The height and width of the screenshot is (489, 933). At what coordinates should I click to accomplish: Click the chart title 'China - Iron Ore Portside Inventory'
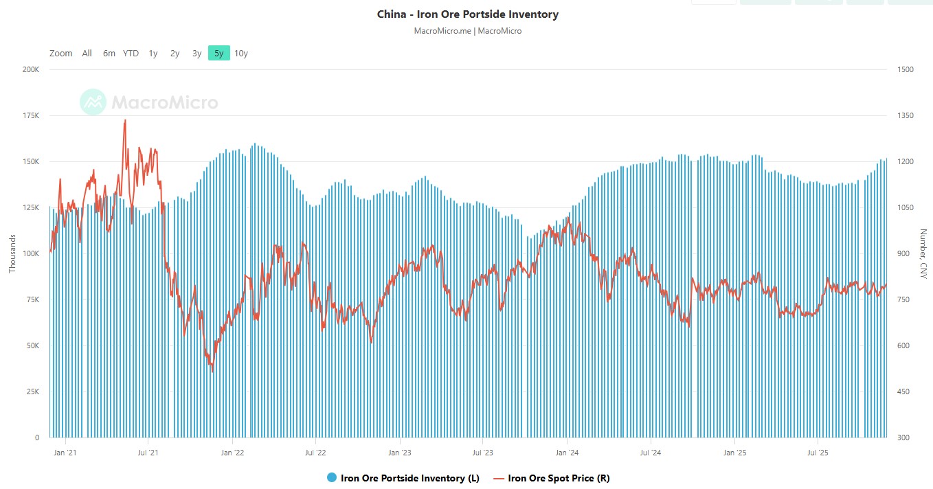(467, 14)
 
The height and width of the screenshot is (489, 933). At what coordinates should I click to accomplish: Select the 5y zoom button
(218, 53)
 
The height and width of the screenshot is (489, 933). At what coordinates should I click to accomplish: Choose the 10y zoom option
(240, 53)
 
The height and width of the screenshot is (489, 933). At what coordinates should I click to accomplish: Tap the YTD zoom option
(131, 53)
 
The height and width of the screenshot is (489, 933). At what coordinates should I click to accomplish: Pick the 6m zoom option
(109, 53)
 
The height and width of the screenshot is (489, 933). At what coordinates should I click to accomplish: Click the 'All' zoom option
(87, 53)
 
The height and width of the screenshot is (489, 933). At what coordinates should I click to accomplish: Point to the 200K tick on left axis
(30, 70)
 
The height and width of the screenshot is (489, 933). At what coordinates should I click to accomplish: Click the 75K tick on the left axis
(32, 299)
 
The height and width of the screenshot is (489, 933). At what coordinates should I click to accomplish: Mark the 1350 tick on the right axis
(906, 116)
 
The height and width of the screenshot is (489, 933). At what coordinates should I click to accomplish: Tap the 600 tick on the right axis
(903, 345)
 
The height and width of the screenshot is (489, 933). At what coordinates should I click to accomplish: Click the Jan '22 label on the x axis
(232, 453)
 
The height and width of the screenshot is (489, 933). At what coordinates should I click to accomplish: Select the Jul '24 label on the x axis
(651, 453)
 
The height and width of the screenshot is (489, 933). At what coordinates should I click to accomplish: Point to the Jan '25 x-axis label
(734, 453)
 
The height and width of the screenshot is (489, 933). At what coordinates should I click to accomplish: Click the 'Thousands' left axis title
(12, 253)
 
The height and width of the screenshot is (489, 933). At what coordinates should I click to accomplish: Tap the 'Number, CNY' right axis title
(923, 253)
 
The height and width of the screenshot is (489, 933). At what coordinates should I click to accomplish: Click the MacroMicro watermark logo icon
(93, 102)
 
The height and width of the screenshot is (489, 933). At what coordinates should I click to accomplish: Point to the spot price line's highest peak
(125, 120)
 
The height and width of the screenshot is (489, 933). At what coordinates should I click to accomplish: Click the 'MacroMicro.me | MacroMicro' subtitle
(467, 31)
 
